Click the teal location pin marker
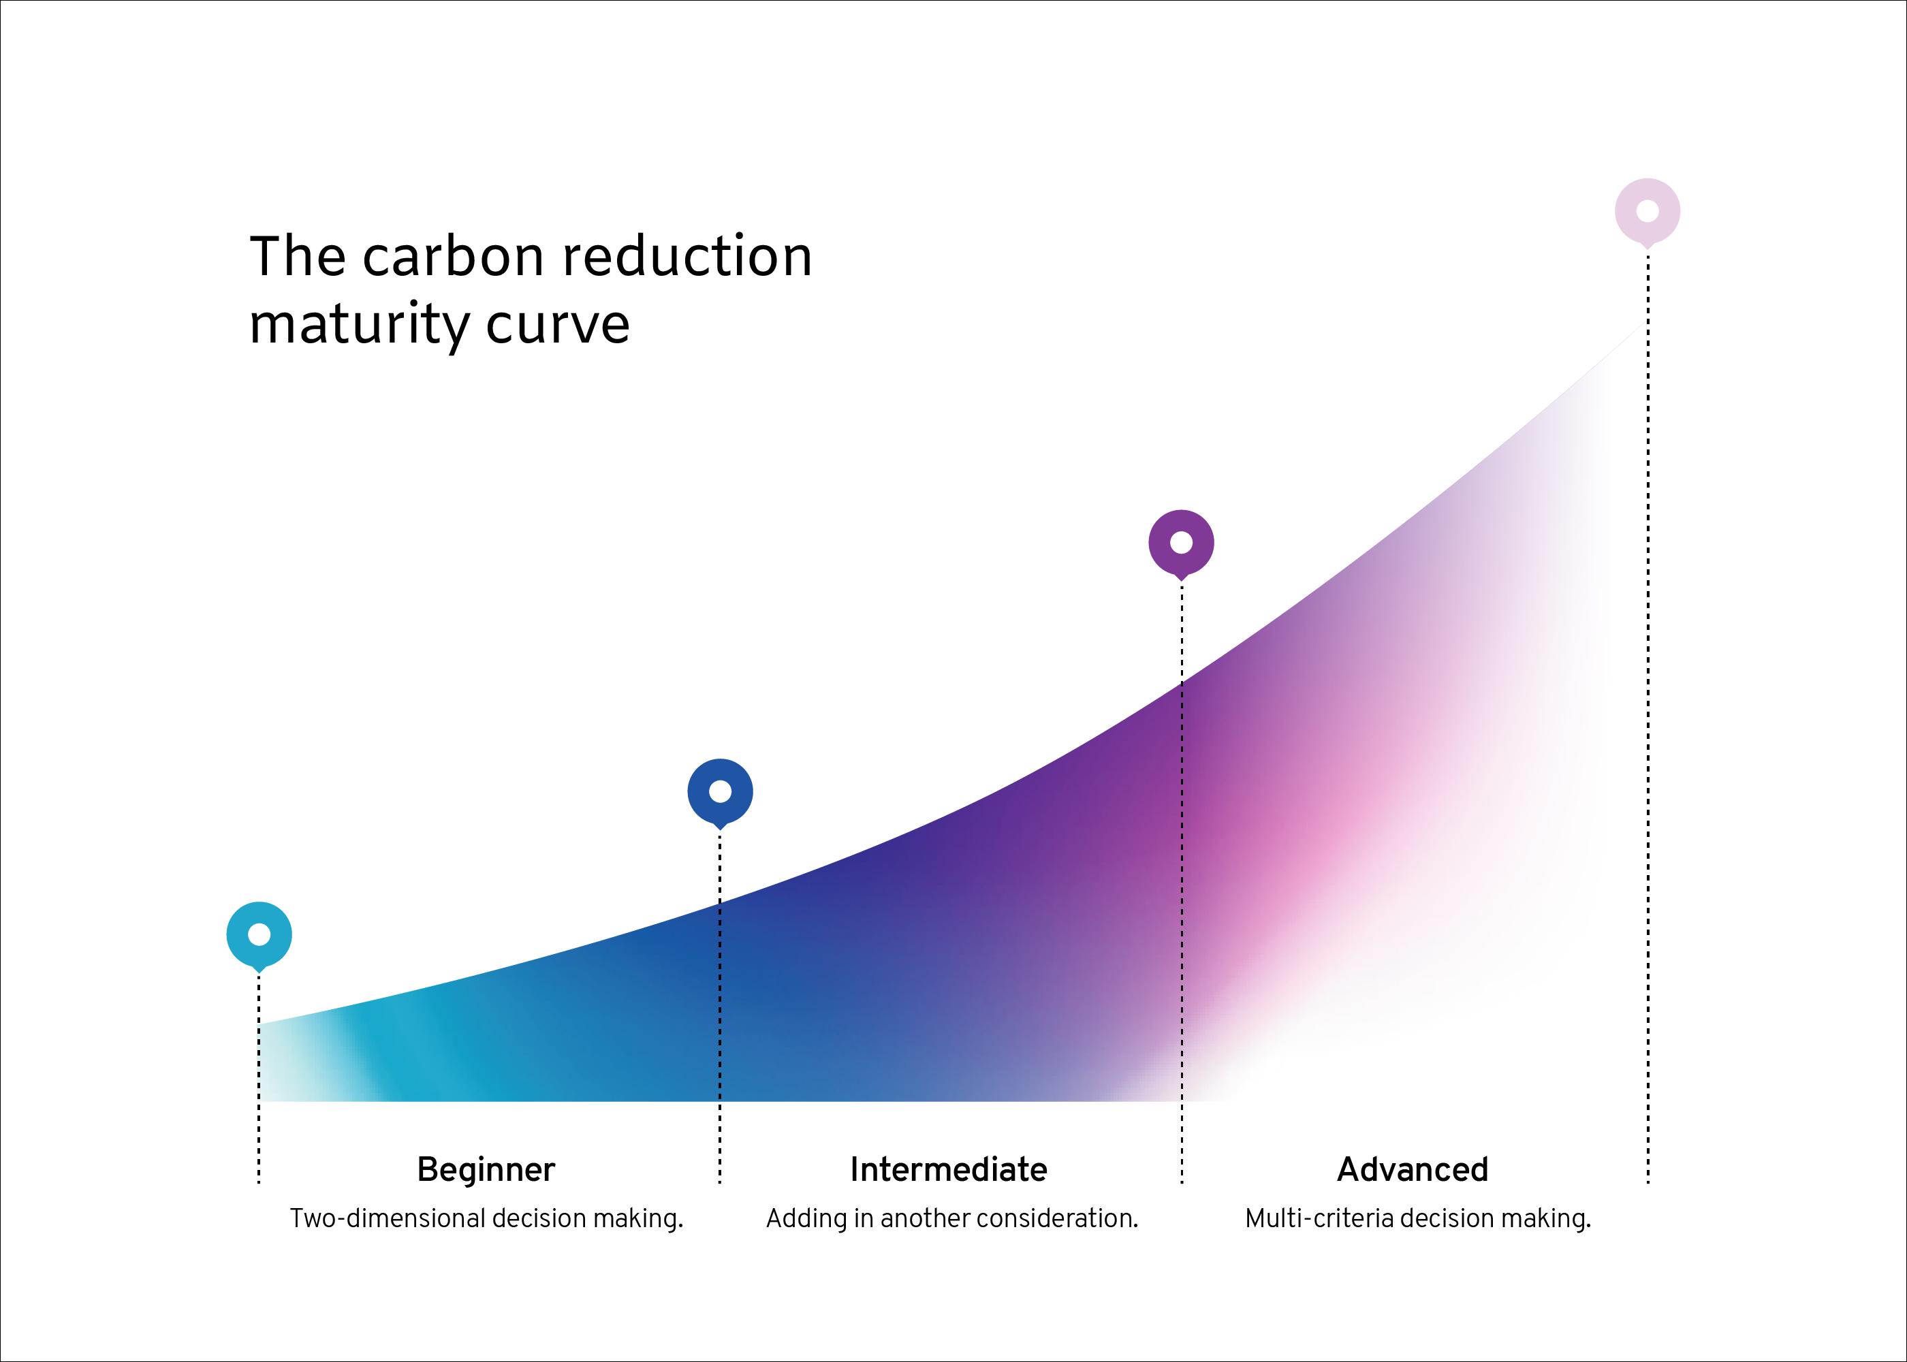tap(259, 936)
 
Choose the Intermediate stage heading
tap(949, 1169)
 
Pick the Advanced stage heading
tap(1413, 1169)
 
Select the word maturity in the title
tap(359, 326)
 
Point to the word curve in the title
tap(558, 326)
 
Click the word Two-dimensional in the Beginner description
tap(398, 1218)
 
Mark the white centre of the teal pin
tap(259, 934)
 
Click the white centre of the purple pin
tap(1181, 543)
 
